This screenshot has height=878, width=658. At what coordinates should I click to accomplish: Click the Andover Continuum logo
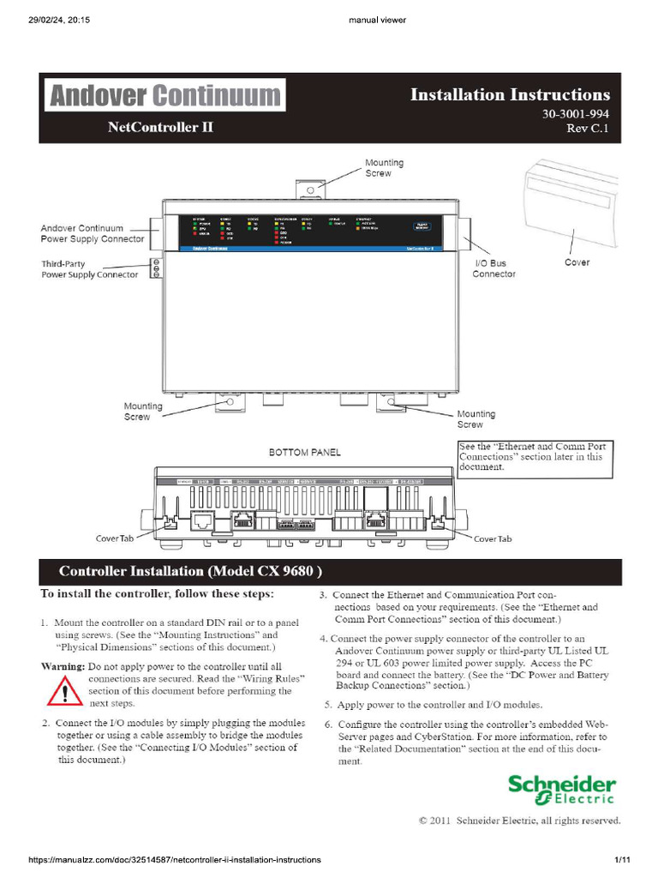coord(165,95)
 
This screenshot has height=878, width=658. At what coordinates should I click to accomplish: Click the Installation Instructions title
coord(510,94)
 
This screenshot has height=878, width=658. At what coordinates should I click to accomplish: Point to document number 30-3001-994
coord(576,114)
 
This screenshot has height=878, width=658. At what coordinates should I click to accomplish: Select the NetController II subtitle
coord(161,128)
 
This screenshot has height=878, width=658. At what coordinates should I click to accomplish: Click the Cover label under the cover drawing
coord(577,262)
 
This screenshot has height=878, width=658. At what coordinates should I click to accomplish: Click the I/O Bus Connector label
coord(494,268)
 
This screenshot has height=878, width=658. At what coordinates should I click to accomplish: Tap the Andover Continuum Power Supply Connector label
coord(93,233)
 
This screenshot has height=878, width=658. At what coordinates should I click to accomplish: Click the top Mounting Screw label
coord(384,167)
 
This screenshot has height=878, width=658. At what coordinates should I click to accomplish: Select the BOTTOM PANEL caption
coord(305,452)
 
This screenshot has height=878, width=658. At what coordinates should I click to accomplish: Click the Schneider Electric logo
coord(561,790)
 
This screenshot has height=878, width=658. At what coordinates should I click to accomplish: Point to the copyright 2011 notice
coord(519,821)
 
